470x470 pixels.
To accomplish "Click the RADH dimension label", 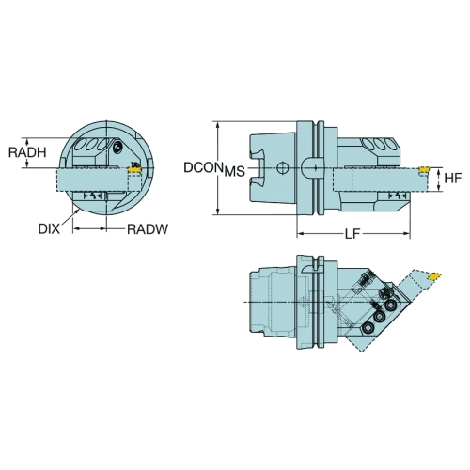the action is (27, 152).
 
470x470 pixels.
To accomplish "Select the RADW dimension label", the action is (148, 229).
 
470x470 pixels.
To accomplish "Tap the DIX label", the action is (49, 229).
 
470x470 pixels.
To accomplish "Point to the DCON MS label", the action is (214, 169).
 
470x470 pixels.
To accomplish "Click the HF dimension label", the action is (453, 178).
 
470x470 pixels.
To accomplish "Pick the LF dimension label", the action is (352, 234).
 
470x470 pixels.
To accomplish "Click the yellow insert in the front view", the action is (134, 169).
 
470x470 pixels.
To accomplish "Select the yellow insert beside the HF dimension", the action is (424, 169).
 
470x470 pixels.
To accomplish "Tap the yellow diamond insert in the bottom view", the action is (434, 276).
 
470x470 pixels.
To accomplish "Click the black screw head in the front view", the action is (117, 147).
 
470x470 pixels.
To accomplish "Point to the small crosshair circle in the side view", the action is (282, 168).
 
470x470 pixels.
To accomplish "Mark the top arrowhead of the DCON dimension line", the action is (218, 125).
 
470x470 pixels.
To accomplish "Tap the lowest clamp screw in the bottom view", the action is (367, 328).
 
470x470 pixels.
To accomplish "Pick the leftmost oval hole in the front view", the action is (81, 145).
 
